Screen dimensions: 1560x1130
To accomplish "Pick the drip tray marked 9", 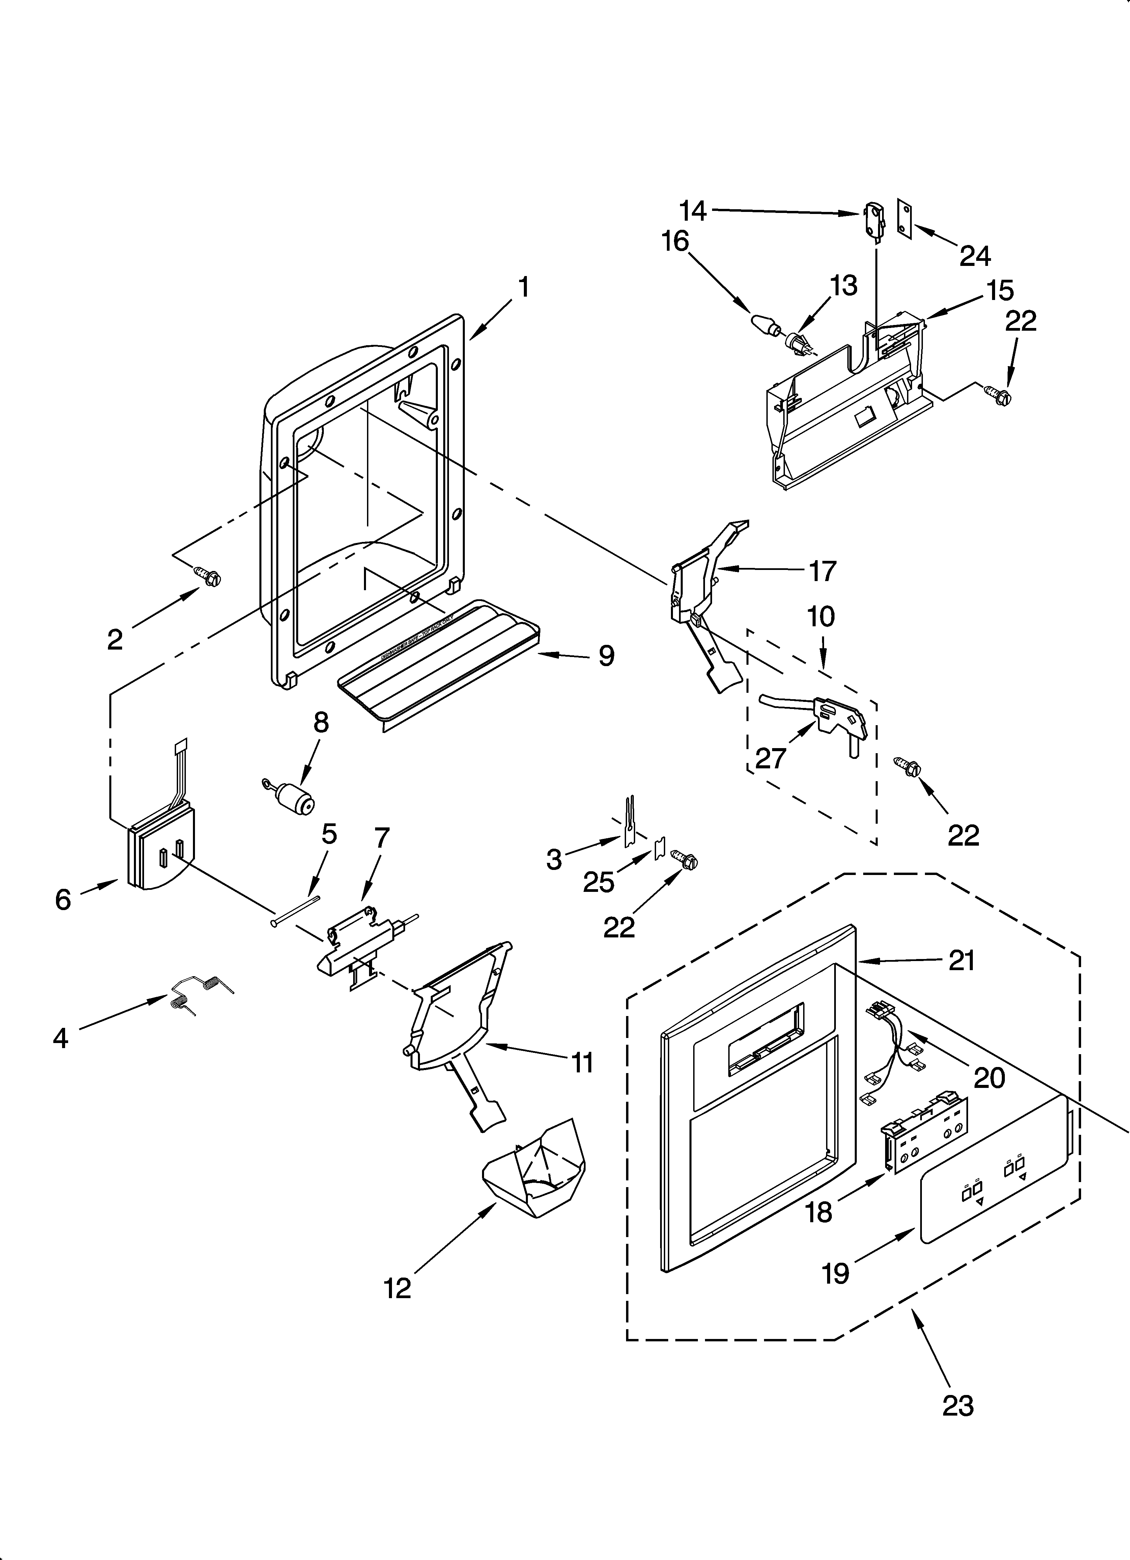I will [x=440, y=659].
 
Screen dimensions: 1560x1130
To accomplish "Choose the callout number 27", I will [x=770, y=758].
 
